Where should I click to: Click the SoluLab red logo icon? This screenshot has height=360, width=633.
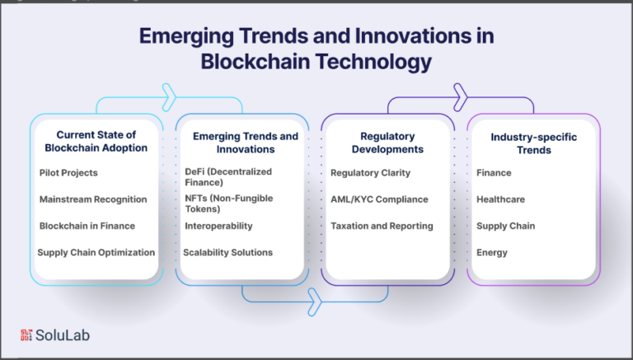pyautogui.click(x=26, y=335)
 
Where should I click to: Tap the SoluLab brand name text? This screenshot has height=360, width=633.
pyautogui.click(x=63, y=335)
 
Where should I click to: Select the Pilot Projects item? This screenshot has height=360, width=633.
pyautogui.click(x=68, y=173)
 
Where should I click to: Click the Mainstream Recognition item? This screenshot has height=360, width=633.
pyautogui.click(x=93, y=199)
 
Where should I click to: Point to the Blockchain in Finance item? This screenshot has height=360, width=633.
pyautogui.click(x=87, y=226)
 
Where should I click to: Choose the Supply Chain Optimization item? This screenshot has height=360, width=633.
pyautogui.click(x=96, y=253)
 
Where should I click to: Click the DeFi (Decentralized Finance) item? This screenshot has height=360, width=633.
pyautogui.click(x=228, y=177)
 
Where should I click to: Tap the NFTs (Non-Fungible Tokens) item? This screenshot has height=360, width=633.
pyautogui.click(x=229, y=203)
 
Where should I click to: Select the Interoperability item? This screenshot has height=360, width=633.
pyautogui.click(x=218, y=226)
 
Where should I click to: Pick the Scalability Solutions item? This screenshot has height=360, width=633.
pyautogui.click(x=228, y=253)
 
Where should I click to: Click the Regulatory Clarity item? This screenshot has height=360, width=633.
pyautogui.click(x=371, y=173)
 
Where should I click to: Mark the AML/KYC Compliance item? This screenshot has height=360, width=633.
pyautogui.click(x=379, y=199)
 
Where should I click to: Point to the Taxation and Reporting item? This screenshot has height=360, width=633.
pyautogui.click(x=382, y=226)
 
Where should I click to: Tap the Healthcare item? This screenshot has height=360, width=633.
pyautogui.click(x=500, y=199)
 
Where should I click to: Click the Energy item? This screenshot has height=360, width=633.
pyautogui.click(x=492, y=253)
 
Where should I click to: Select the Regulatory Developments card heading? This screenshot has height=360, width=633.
pyautogui.click(x=387, y=143)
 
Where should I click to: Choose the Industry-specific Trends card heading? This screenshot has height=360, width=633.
pyautogui.click(x=534, y=143)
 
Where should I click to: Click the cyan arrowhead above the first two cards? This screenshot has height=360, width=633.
pyautogui.click(x=170, y=97)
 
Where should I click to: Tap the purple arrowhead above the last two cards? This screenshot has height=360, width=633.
pyautogui.click(x=461, y=97)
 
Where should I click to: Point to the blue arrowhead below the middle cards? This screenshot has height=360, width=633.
pyautogui.click(x=315, y=302)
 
